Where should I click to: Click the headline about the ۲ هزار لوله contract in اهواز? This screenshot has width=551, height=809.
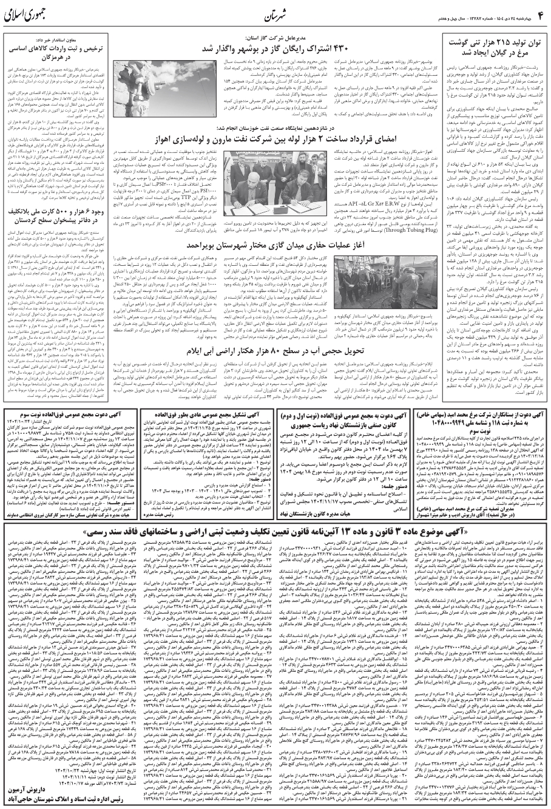tap(268, 137)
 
